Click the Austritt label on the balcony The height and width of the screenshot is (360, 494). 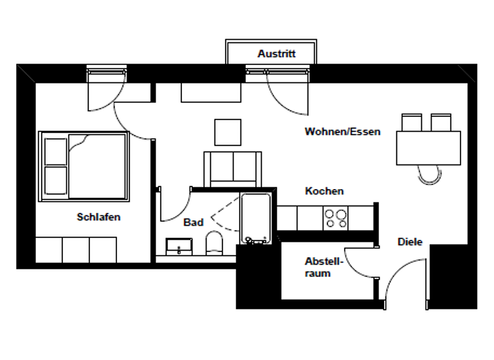pos(277,54)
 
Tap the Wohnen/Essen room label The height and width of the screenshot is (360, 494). pos(342,132)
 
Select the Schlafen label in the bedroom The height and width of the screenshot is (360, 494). pos(98,217)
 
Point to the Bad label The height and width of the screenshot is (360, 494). pos(193,222)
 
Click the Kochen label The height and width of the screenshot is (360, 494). pos(324,191)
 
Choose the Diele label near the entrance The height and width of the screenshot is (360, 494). pos(410,242)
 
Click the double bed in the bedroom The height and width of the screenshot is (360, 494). pos(84,165)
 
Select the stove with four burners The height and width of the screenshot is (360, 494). pos(335,219)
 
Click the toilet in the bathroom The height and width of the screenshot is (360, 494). pos(214,244)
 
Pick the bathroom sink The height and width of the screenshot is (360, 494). pos(179,246)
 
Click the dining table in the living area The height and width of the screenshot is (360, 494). pos(428,148)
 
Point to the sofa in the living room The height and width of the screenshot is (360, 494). pos(232,168)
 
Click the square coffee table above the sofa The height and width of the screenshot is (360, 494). pos(228,132)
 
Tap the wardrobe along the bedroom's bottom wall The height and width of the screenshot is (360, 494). pos(76,249)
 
